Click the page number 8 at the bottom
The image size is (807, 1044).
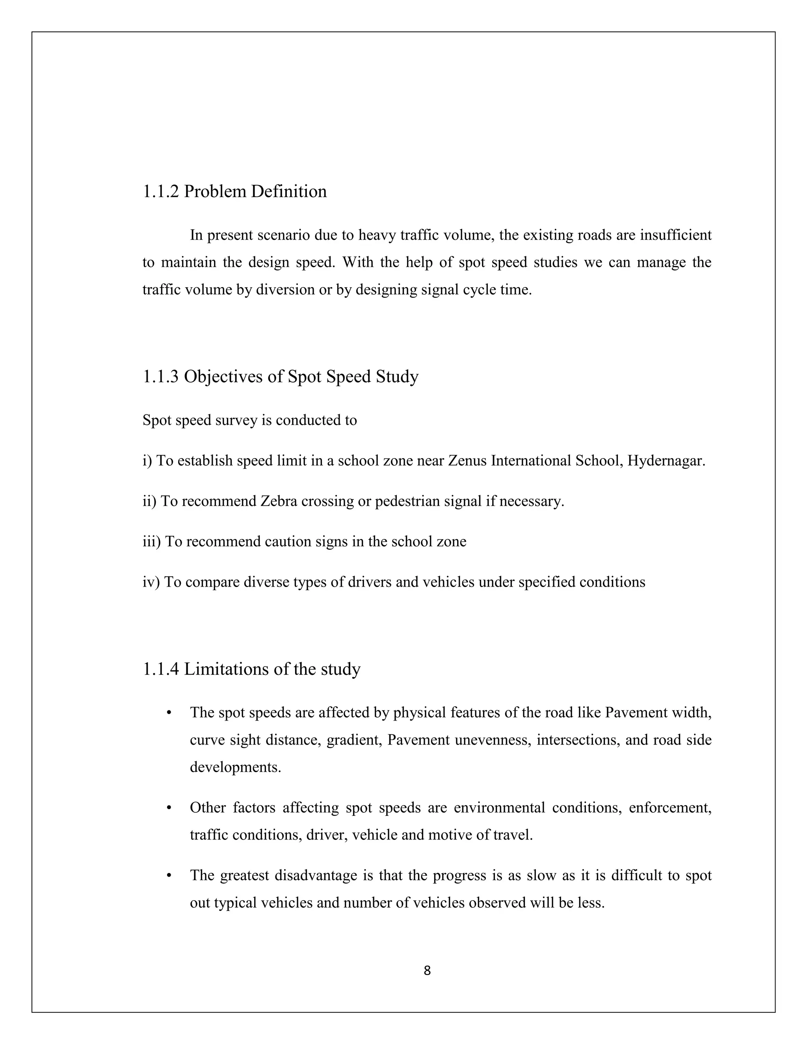pos(427,970)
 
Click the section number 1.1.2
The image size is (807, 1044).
pos(161,192)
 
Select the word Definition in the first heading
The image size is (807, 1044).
pos(289,192)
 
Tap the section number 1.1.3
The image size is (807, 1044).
pos(161,377)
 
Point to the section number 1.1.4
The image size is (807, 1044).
pos(161,669)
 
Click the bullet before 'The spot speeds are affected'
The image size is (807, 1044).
pos(168,713)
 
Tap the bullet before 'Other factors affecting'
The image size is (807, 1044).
pos(168,808)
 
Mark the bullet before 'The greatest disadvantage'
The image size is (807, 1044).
pos(168,876)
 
